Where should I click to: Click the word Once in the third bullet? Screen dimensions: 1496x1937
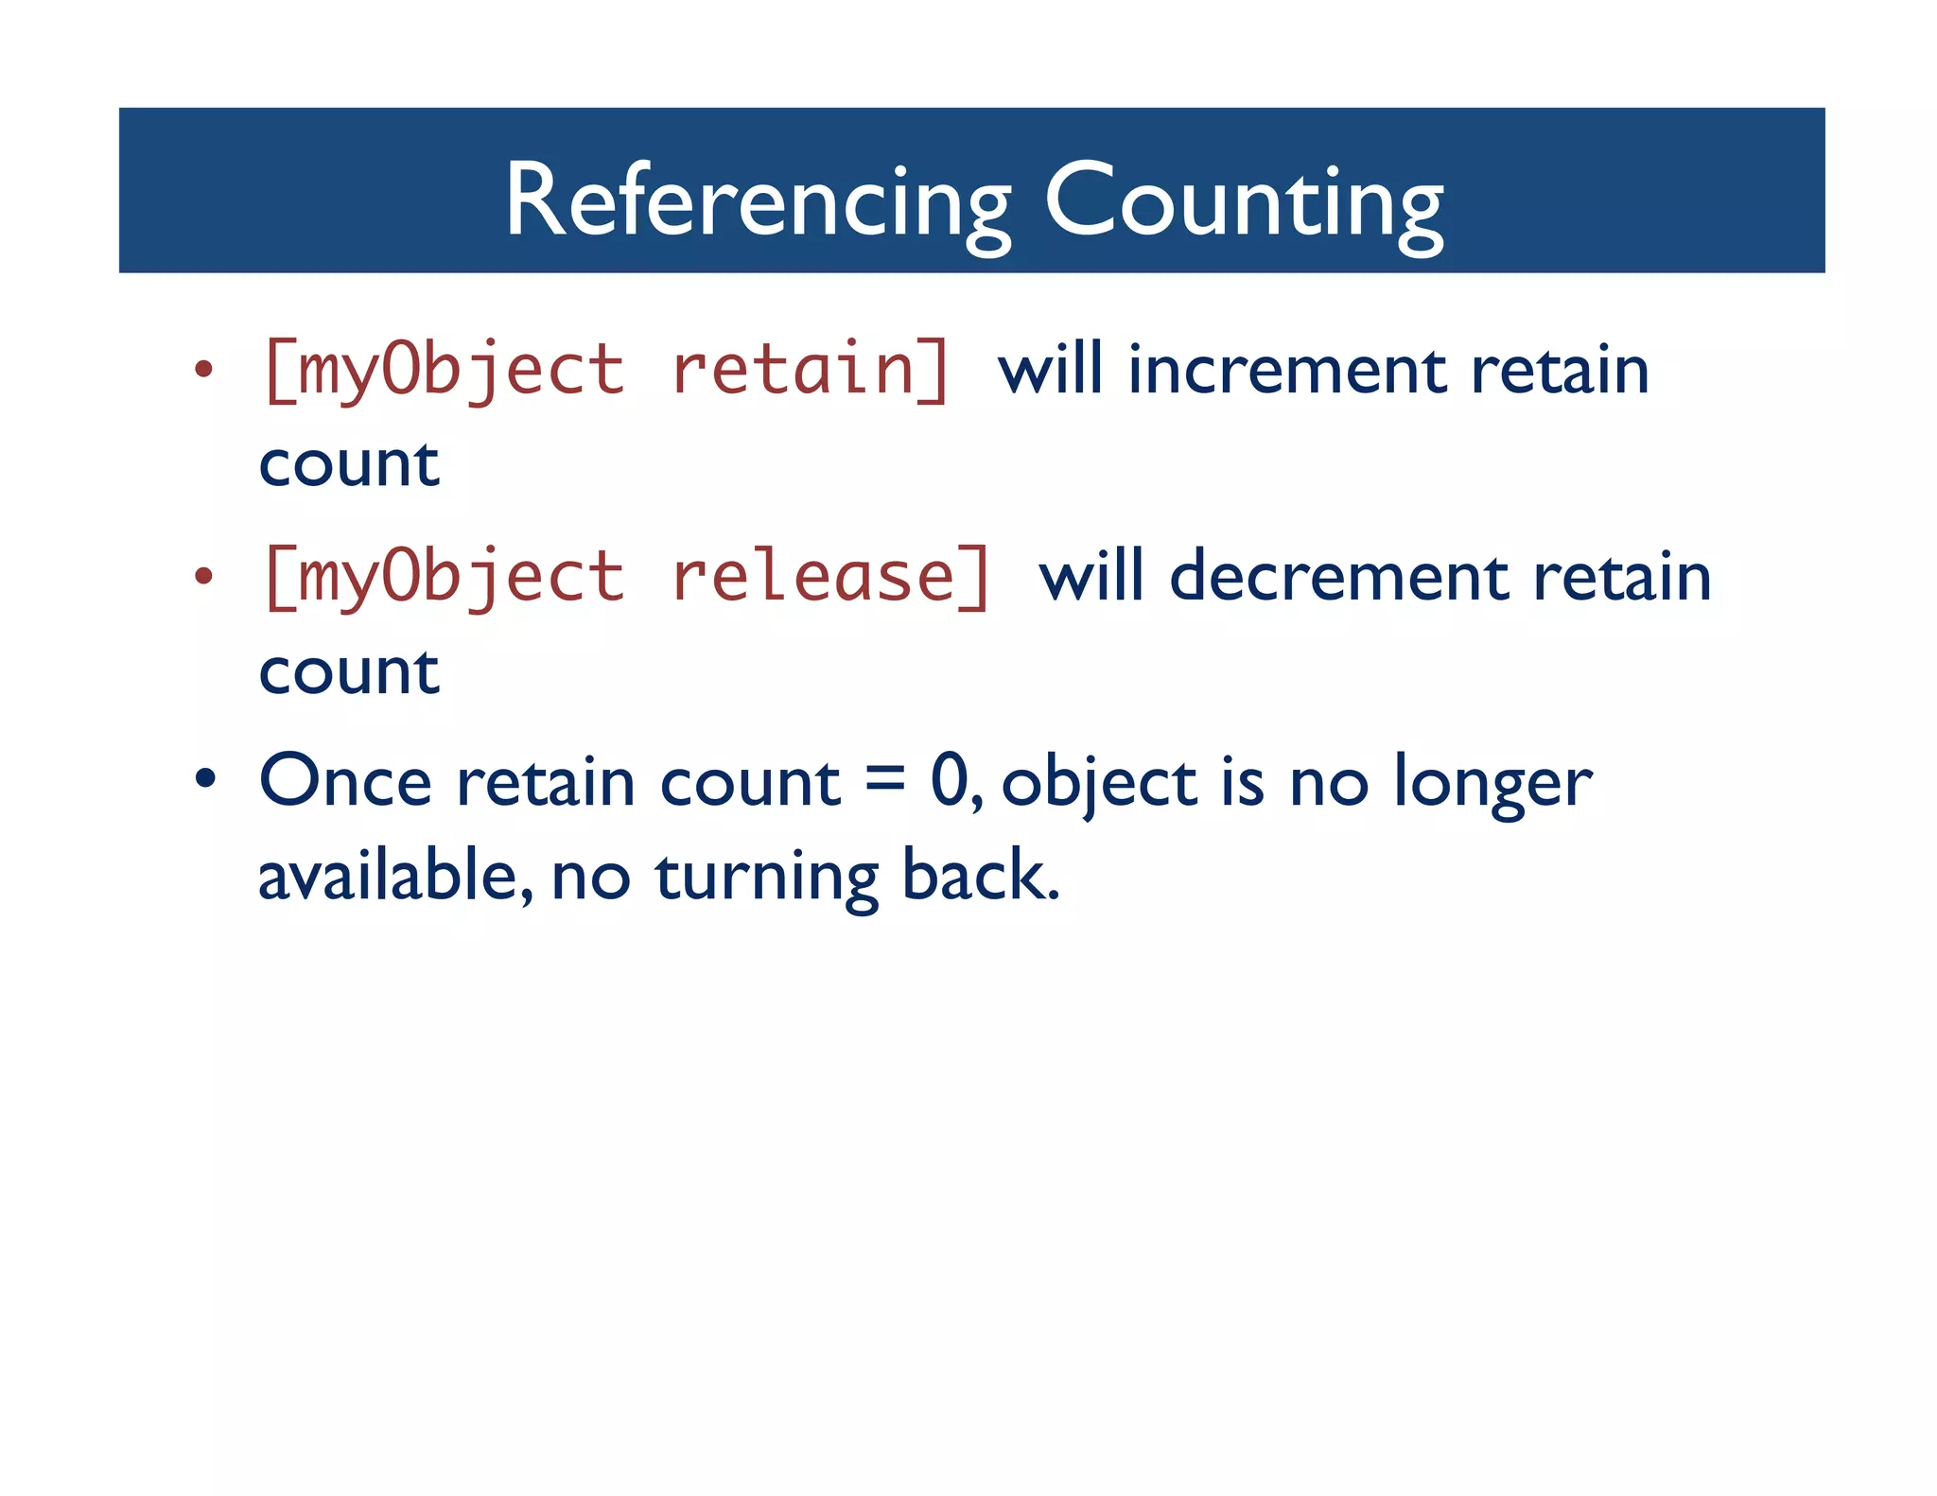(345, 782)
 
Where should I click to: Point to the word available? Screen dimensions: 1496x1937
(388, 875)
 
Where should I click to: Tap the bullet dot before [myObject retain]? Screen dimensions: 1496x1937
(203, 370)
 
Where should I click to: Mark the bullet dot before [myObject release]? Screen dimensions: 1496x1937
(203, 575)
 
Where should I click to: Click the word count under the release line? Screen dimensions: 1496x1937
(349, 672)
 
